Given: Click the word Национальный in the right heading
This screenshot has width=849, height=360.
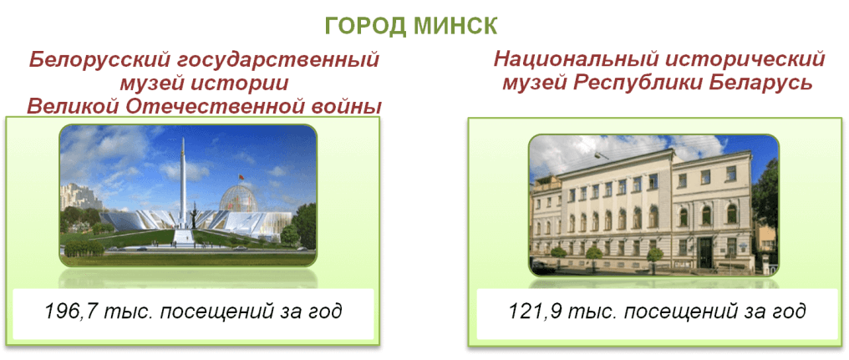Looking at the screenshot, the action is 572,59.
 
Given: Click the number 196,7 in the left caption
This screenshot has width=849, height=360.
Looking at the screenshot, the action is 69,312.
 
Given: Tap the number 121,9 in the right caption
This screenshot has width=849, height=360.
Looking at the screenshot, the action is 532,312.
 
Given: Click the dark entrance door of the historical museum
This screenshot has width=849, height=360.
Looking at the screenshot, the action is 704,252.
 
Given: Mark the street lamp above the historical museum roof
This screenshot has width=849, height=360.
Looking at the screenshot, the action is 599,155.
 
